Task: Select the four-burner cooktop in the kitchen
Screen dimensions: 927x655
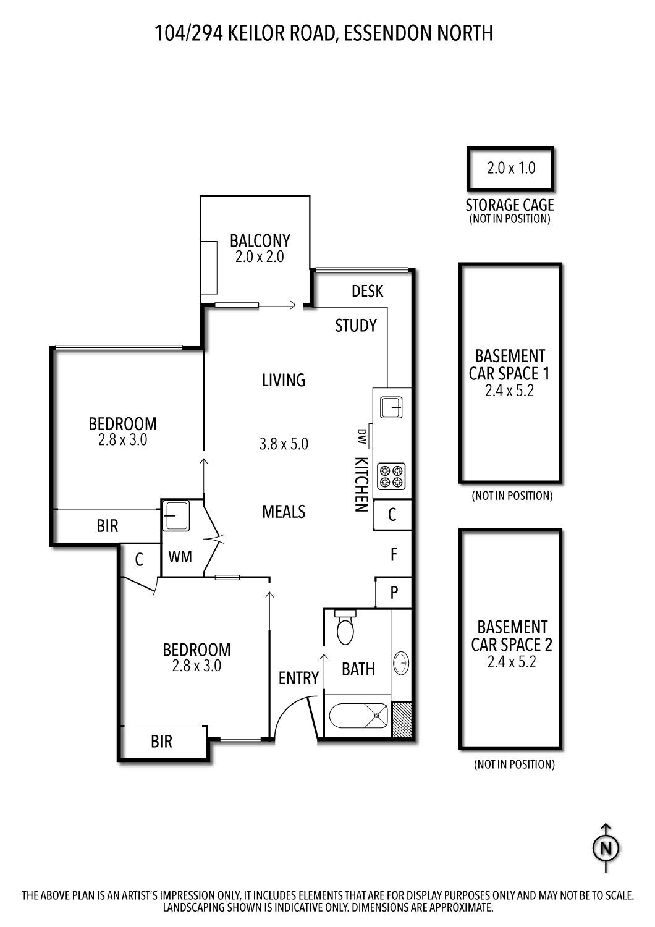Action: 392,476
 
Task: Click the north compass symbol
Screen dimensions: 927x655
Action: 606,847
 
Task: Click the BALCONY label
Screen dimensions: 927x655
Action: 260,240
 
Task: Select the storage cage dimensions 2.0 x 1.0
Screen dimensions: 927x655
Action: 510,168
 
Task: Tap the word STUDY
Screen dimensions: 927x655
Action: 355,326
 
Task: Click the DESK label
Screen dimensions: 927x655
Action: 367,291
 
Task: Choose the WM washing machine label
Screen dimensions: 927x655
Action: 180,557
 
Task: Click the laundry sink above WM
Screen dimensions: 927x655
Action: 176,516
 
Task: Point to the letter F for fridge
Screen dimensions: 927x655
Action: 394,554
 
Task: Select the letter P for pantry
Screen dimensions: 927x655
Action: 394,593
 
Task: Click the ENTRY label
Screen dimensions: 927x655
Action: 298,678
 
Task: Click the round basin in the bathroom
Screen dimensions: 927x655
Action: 401,663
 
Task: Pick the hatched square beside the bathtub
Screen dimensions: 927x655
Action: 402,719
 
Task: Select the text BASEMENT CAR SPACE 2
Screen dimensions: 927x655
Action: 511,636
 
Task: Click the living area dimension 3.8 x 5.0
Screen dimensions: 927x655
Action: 284,444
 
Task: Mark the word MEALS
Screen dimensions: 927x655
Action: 284,512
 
